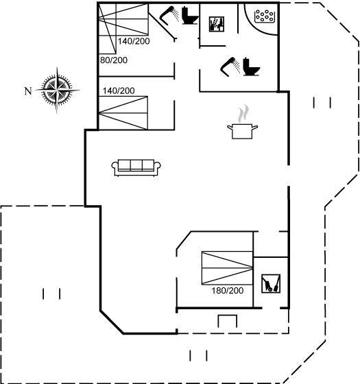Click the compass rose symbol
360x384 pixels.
point(57,90)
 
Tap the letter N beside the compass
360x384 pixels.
point(28,91)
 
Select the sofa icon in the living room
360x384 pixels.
point(136,168)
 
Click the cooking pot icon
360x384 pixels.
point(242,131)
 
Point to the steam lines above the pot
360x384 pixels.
point(243,113)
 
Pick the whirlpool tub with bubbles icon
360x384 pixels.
point(265,16)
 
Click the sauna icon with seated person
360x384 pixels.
point(217,24)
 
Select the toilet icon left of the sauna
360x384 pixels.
point(190,16)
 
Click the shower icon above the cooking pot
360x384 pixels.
point(230,67)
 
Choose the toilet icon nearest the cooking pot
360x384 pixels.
point(251,67)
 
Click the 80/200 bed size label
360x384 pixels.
point(114,60)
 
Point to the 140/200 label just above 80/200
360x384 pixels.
point(134,41)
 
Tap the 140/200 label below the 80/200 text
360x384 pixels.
point(119,91)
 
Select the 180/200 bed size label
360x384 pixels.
point(228,291)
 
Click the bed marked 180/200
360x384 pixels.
point(227,268)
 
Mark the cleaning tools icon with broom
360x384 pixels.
point(271,284)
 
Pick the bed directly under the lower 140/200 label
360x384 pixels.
point(123,113)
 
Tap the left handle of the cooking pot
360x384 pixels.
point(230,128)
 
